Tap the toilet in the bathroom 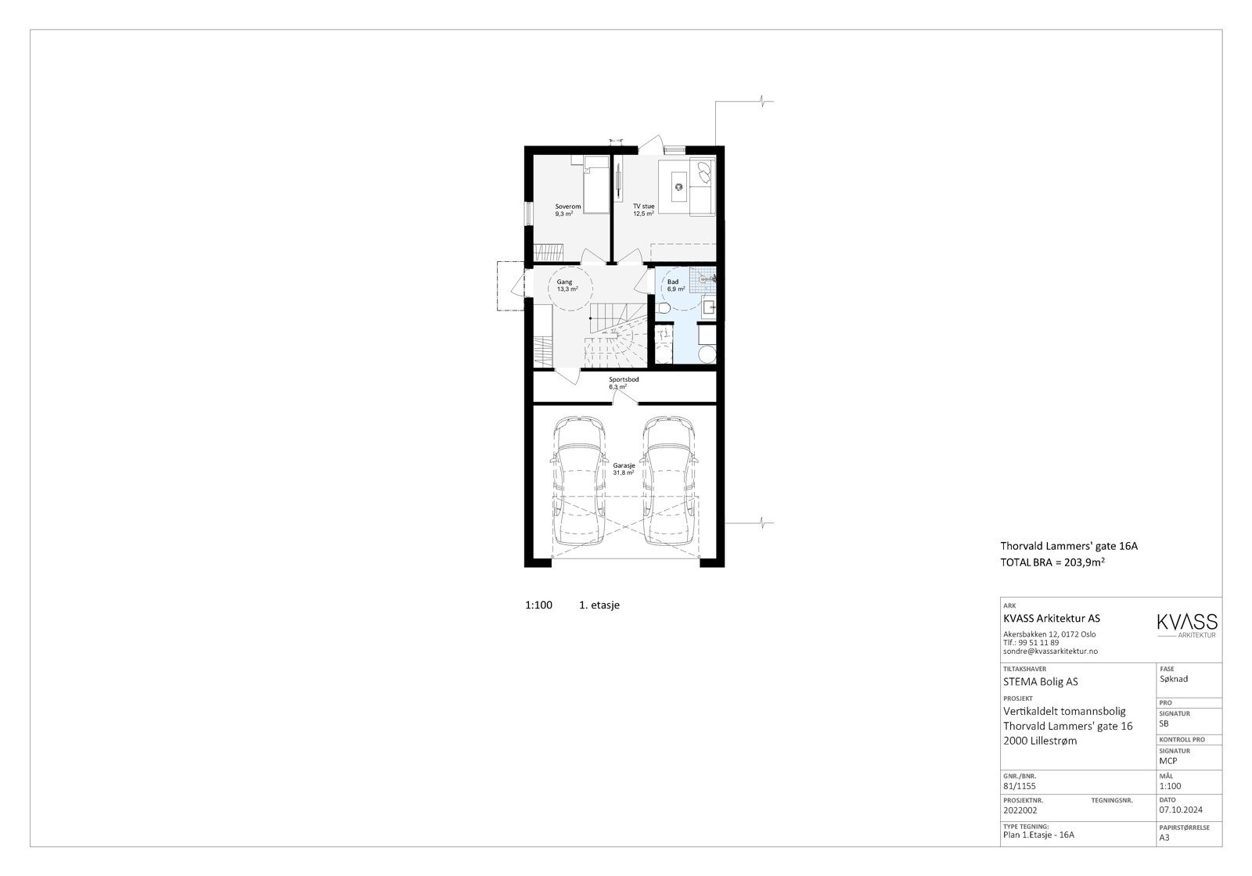coord(664,311)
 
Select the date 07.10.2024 coord(1181,810)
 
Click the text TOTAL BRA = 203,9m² coord(1057,562)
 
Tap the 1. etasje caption coord(599,605)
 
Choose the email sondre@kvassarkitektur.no coord(1050,651)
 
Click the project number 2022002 coord(1020,810)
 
